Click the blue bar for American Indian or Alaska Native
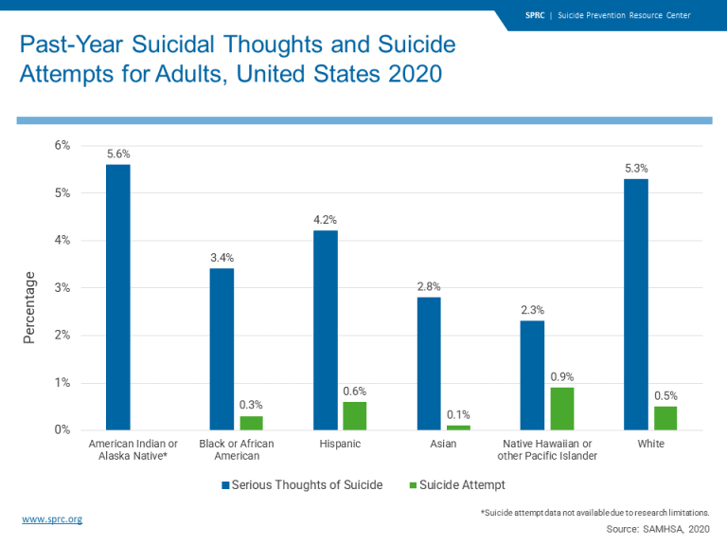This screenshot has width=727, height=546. [118, 298]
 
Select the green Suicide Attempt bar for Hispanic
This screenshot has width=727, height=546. [355, 416]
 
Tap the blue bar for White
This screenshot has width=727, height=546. [636, 304]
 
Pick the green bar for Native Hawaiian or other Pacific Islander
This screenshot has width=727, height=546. [562, 409]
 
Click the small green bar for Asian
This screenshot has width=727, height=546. [458, 428]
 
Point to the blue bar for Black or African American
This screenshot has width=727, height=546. [222, 349]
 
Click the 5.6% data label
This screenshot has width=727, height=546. [118, 154]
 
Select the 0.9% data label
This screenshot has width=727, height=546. [562, 376]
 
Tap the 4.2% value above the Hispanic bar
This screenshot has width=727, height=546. [326, 220]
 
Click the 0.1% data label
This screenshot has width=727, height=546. [458, 414]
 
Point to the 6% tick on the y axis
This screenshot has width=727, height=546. [61, 145]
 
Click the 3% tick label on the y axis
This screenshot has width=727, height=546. [61, 287]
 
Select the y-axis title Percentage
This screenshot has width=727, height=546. [29, 307]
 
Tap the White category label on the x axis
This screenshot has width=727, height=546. [650, 444]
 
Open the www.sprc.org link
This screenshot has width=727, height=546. [52, 519]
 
